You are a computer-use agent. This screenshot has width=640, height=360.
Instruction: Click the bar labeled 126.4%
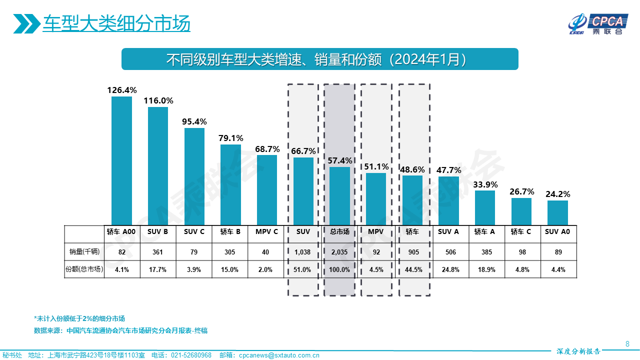[x=121, y=160]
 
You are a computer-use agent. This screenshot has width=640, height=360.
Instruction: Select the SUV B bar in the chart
[x=158, y=165]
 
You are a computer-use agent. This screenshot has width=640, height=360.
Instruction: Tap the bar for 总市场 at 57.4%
[x=339, y=195]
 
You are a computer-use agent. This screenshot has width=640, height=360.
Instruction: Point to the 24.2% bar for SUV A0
[x=557, y=212]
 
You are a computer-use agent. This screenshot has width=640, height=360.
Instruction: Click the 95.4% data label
[x=194, y=122]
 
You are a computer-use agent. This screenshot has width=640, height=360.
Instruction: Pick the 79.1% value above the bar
[x=231, y=138]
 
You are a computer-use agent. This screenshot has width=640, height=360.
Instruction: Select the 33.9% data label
[x=485, y=184]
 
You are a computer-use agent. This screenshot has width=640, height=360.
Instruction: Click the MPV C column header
[x=267, y=232]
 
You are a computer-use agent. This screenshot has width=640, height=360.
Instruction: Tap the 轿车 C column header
[x=521, y=232]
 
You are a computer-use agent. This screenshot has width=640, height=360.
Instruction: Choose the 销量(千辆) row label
[x=84, y=252]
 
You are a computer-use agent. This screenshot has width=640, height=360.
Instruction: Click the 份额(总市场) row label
[x=84, y=269]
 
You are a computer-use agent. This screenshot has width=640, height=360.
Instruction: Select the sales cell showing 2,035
[x=339, y=252]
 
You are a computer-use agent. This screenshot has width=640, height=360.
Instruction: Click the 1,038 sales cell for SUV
[x=303, y=252]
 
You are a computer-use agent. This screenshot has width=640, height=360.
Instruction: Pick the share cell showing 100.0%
[x=339, y=269]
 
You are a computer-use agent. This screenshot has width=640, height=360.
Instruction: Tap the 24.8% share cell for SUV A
[x=448, y=269]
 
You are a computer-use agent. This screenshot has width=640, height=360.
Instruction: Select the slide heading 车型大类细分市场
[x=116, y=23]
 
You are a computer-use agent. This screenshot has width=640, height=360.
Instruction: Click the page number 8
[x=627, y=343]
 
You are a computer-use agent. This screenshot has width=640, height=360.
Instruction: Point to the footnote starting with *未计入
[x=79, y=318]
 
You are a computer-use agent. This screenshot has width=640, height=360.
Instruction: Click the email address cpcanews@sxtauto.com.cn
[x=279, y=355]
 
